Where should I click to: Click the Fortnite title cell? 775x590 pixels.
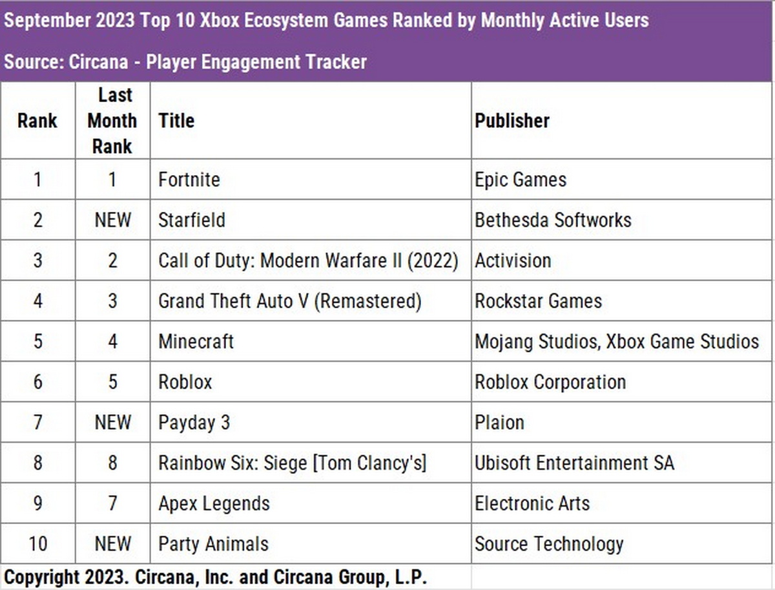[x=189, y=179]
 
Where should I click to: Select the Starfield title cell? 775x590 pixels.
[x=192, y=220]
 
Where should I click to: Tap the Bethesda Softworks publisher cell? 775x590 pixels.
[x=553, y=220]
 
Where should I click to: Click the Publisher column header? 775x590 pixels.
[x=512, y=121]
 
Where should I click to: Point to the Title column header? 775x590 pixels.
[x=176, y=121]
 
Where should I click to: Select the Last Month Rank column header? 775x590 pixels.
[x=112, y=121]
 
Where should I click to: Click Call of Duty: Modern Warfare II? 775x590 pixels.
[x=308, y=260]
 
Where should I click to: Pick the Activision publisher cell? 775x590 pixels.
[x=513, y=260]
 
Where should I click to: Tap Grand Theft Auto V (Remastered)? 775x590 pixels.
[x=289, y=301]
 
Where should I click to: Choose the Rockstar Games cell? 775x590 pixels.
[x=538, y=301]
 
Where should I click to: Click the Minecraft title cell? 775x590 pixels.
[x=196, y=341]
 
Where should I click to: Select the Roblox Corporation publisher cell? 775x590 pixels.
[x=550, y=382]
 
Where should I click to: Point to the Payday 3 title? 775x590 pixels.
[x=194, y=423]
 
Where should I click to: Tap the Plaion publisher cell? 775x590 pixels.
[x=499, y=423]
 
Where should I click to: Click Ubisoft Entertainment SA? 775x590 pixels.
[x=574, y=463]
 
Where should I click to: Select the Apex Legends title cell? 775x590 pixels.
[x=214, y=503]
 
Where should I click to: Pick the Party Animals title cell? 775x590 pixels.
[x=213, y=544]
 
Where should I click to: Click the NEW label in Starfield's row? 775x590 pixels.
[x=112, y=220]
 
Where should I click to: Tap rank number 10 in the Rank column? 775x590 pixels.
[x=37, y=544]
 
